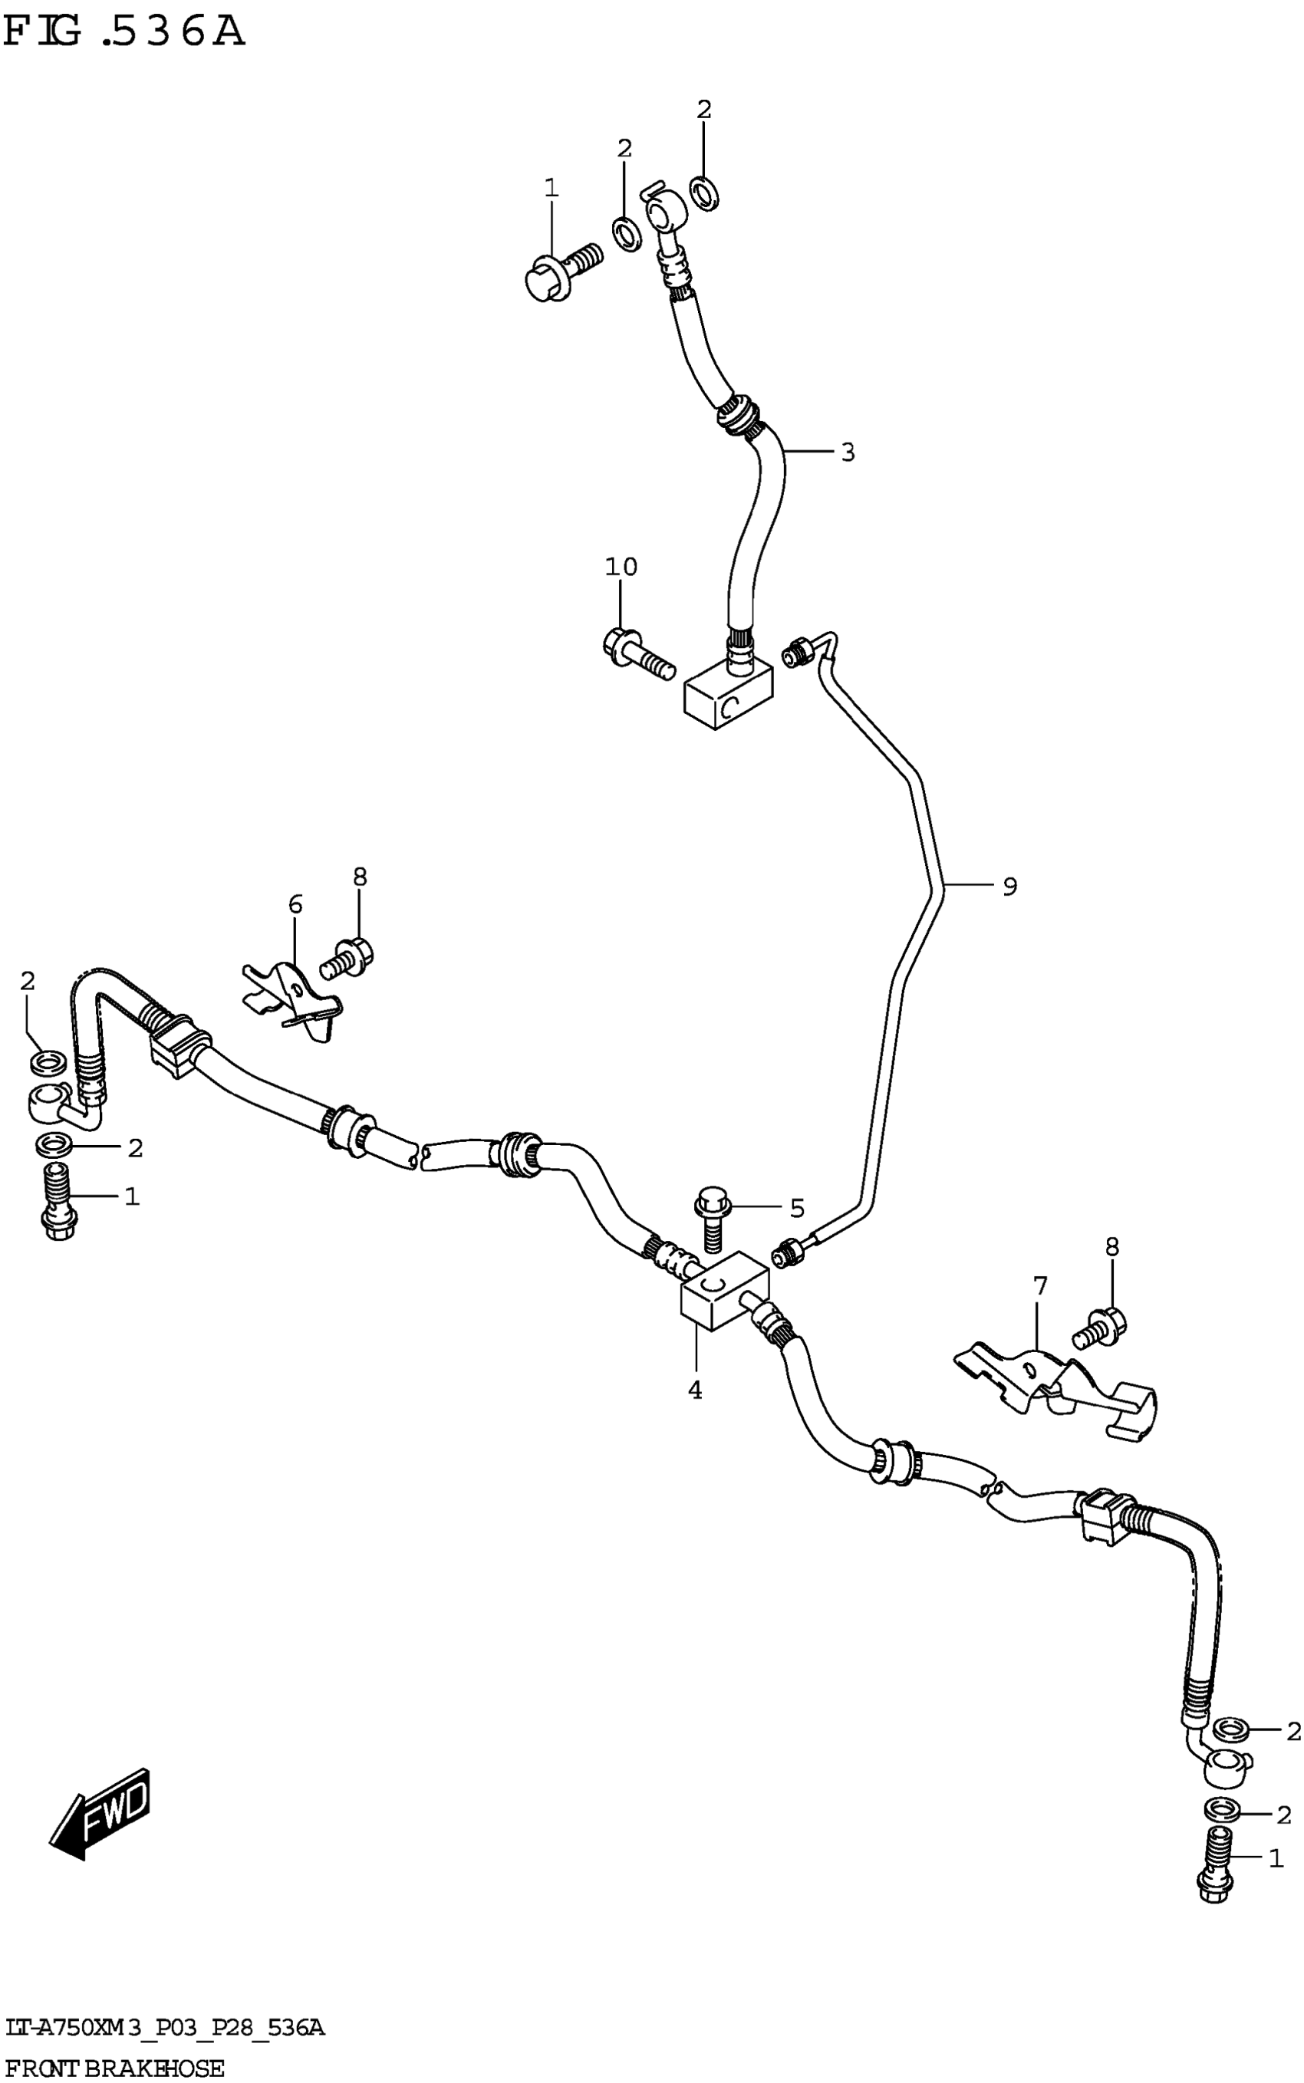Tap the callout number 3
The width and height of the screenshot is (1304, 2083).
(848, 452)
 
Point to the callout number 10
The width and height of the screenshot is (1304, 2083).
(621, 567)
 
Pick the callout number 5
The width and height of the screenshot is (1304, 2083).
(797, 1209)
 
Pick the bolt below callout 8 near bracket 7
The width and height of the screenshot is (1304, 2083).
(1098, 1327)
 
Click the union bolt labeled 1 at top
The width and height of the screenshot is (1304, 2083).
(561, 269)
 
